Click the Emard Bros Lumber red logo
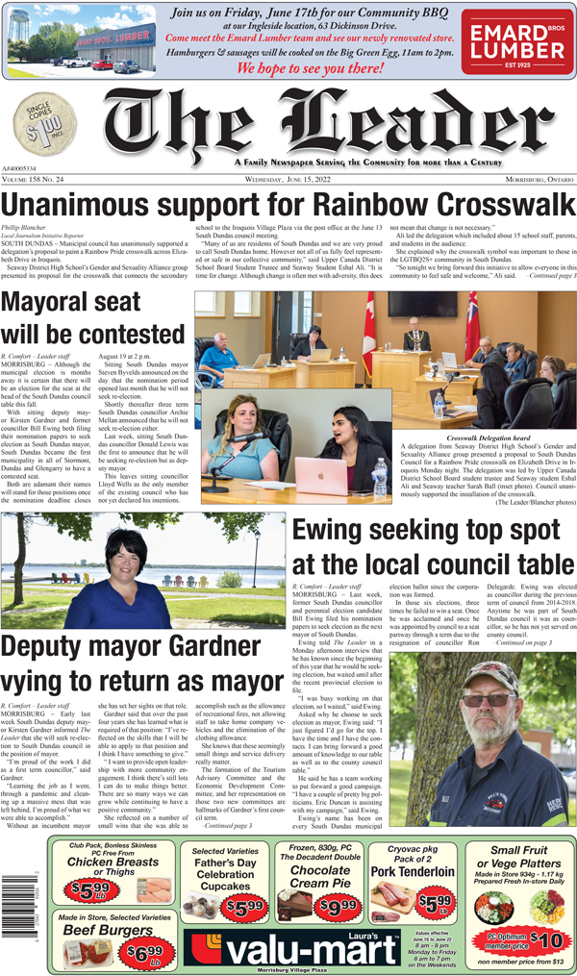516,42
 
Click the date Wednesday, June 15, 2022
288,180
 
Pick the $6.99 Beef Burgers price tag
140,954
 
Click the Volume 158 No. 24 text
38,180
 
